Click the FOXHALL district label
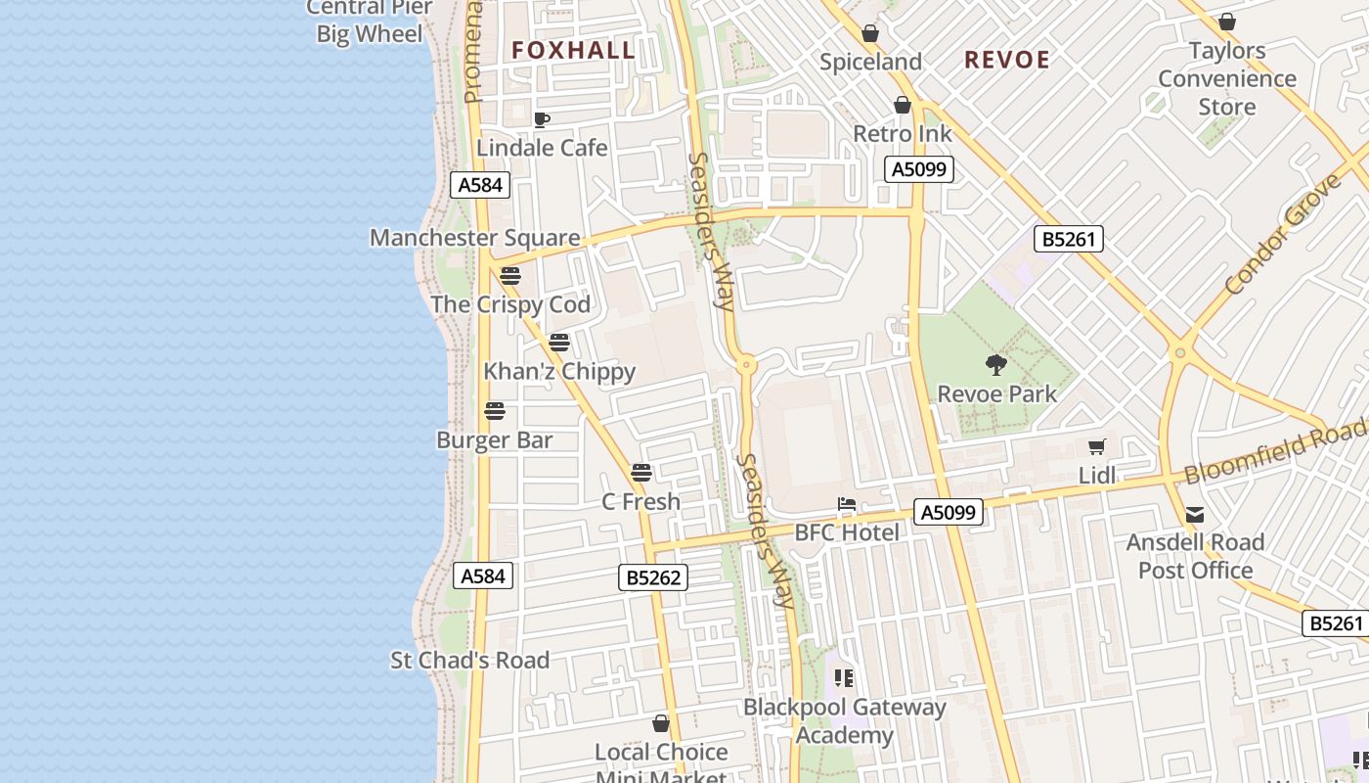coord(573,50)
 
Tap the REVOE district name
coord(1007,60)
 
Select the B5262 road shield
coord(653,577)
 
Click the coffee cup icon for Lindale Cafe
coord(542,120)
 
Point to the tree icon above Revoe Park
coord(996,366)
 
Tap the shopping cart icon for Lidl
coord(1097,447)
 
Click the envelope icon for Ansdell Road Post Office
coord(1195,515)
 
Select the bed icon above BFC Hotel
coord(847,505)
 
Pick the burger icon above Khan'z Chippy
coord(559,343)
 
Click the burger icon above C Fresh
coord(641,473)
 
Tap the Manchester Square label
coord(474,238)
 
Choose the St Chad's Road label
coord(470,661)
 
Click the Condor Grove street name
coord(1283,235)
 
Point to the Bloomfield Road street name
coord(1276,449)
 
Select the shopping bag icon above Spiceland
coord(870,34)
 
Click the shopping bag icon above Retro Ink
coord(903,105)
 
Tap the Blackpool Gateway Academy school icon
coord(844,678)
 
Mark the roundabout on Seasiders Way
coord(747,365)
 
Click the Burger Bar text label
coord(495,440)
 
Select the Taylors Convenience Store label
coord(1227,78)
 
